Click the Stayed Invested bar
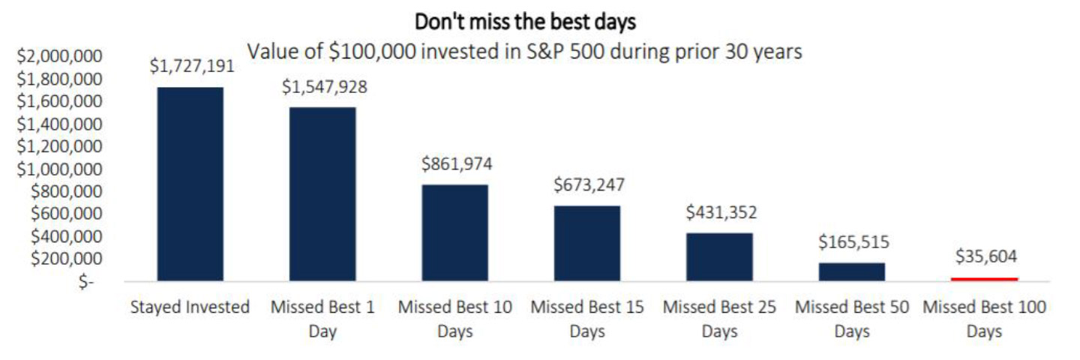(x=190, y=184)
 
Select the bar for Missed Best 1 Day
(x=322, y=194)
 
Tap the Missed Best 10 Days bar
(x=454, y=232)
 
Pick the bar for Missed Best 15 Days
(x=587, y=243)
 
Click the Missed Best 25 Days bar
(x=719, y=256)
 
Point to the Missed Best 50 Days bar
(x=852, y=271)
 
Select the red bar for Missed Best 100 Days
(x=985, y=279)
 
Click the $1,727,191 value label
(x=192, y=66)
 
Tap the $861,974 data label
(x=457, y=164)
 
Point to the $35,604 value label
(x=985, y=257)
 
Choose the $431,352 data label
(x=721, y=212)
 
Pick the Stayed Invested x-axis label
(x=190, y=307)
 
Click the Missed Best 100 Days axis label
(x=985, y=318)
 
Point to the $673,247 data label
(x=589, y=184)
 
